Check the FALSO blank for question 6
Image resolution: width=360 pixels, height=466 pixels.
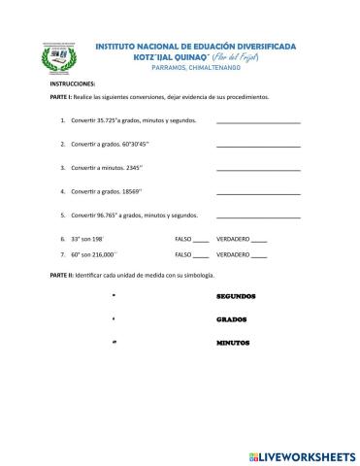click(201, 239)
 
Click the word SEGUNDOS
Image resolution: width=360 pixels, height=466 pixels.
click(236, 295)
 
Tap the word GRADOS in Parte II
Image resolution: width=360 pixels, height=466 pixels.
click(232, 319)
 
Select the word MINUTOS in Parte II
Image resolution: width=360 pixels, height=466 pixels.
click(233, 344)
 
